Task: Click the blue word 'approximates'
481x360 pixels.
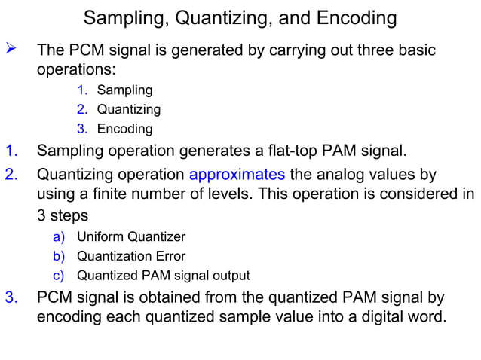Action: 237,175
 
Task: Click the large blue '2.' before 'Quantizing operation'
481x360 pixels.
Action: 12,175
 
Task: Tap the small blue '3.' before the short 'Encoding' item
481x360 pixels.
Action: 82,129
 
